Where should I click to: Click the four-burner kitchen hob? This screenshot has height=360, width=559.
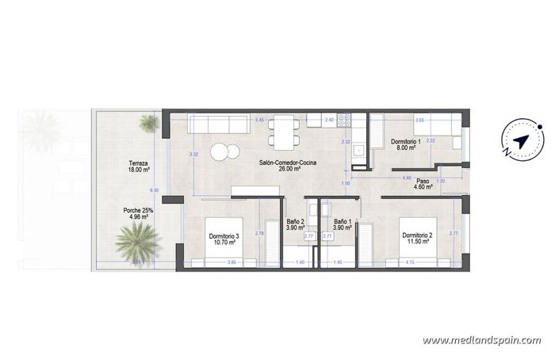click(345, 121)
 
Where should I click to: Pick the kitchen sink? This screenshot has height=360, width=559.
click(358, 149)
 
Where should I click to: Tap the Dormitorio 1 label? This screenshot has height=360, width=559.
click(407, 144)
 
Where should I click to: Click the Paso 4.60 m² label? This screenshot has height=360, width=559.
click(423, 183)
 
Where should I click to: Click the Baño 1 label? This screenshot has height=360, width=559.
click(343, 224)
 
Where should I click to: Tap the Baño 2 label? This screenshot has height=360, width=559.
click(295, 224)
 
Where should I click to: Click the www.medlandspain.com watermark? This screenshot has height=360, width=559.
click(481, 340)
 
